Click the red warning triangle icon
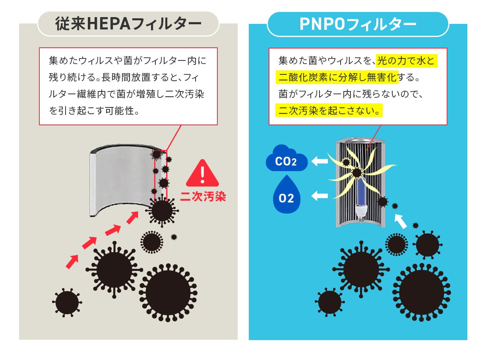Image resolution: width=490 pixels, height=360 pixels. coord(203,173)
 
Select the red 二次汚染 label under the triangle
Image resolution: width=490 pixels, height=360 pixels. coord(203,196)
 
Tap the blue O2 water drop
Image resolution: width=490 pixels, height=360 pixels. coord(286,197)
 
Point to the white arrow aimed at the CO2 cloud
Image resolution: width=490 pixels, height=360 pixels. coord(320,161)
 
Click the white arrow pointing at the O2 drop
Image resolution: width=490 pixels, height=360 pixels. coord(320,195)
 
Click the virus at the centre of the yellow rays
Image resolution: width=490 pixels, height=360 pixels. coord(357,173)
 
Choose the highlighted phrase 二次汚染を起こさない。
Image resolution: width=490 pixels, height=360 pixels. coord(329,110)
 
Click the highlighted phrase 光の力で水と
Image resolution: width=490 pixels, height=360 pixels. coord(406,61)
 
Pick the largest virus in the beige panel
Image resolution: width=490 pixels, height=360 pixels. coord(168,292)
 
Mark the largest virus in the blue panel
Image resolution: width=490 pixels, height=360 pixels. coord(421,292)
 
